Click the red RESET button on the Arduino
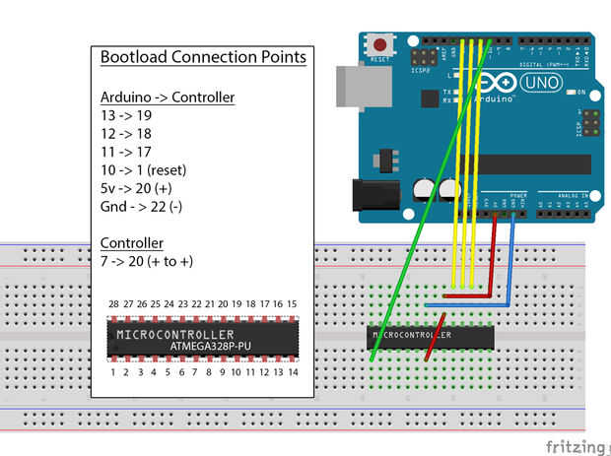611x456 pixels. click(x=378, y=44)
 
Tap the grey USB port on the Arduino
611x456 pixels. click(x=354, y=86)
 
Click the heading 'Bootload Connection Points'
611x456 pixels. click(x=203, y=57)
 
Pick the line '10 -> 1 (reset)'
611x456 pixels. click(x=144, y=169)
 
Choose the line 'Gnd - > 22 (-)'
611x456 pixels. click(x=141, y=207)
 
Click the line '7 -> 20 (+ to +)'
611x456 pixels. click(x=147, y=261)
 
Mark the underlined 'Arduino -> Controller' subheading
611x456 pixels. click(x=168, y=97)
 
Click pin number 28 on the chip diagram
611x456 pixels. click(x=114, y=304)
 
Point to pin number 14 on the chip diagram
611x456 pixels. click(x=292, y=372)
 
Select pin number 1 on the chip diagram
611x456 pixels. click(x=114, y=372)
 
